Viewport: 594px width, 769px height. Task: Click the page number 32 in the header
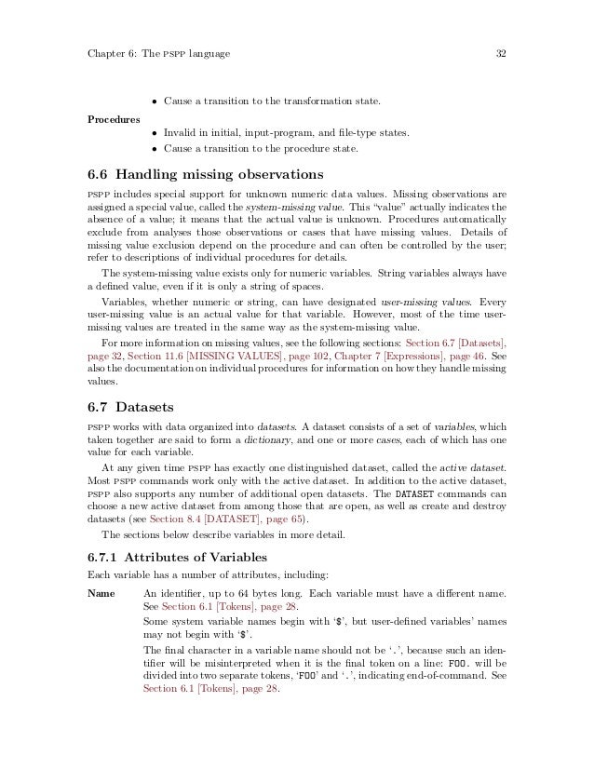500,54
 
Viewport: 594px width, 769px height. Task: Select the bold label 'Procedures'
109,119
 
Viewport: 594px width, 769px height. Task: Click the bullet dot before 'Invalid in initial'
155,133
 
